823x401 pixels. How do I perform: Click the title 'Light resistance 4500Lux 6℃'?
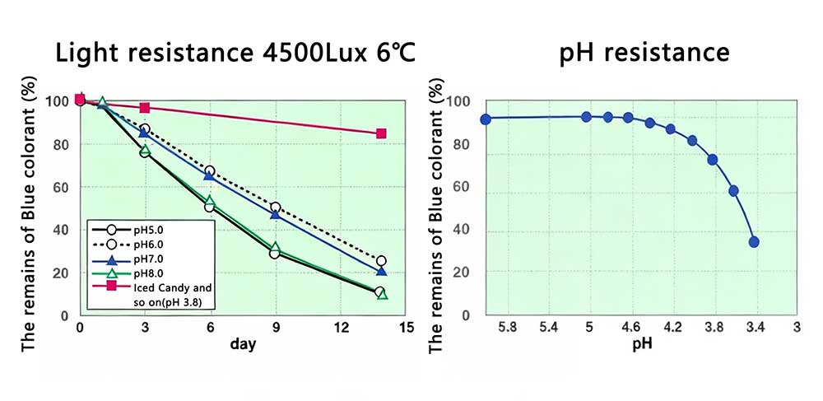(234, 52)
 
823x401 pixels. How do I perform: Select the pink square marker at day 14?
(381, 133)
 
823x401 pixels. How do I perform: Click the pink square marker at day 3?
(145, 108)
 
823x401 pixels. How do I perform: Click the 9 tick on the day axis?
(275, 327)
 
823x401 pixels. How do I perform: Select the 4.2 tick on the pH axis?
(672, 327)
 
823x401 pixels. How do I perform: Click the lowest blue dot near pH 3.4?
(754, 241)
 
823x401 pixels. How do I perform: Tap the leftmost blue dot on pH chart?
(486, 119)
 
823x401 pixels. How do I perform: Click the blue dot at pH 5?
(587, 117)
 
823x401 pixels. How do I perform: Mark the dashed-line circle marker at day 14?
(381, 261)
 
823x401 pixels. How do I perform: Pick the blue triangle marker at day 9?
(275, 214)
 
